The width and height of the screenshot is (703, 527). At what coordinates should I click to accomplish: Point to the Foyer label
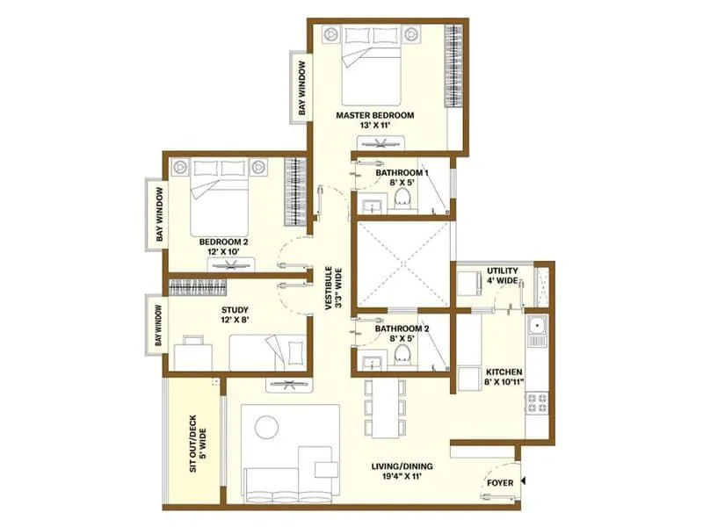click(500, 482)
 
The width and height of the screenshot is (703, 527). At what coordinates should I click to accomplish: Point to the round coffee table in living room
click(266, 428)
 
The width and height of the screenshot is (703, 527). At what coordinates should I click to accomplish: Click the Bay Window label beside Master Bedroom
click(301, 89)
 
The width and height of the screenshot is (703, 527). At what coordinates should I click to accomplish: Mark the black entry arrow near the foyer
click(523, 481)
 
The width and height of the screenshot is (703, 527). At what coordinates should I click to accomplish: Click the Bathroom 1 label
click(401, 173)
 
